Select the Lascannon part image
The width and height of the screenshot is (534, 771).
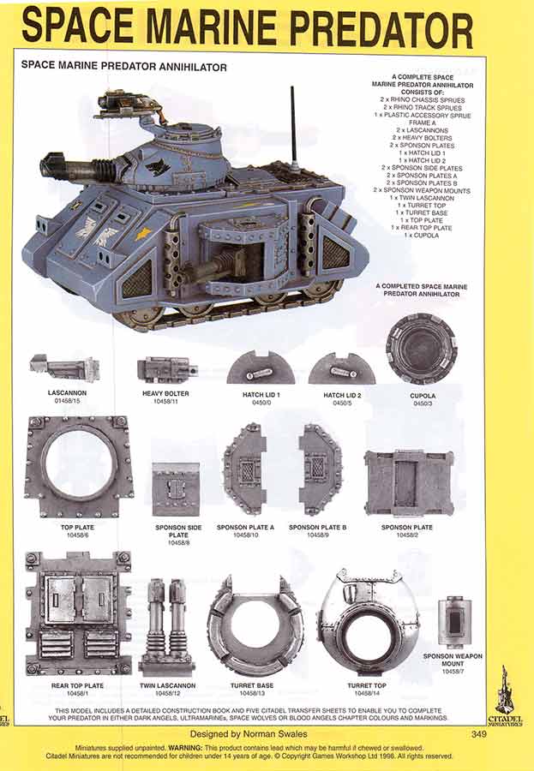click(x=64, y=368)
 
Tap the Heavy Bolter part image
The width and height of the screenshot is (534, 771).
click(x=167, y=369)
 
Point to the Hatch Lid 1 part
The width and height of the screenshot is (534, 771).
click(x=261, y=368)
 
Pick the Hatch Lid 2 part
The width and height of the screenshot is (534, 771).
click(x=342, y=368)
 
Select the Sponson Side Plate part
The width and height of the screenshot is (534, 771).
click(x=176, y=489)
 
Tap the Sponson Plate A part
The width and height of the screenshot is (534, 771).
click(x=244, y=469)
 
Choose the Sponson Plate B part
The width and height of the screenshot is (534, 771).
click(x=320, y=469)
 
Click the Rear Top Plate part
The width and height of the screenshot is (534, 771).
click(x=78, y=612)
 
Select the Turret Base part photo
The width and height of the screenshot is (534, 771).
click(x=255, y=625)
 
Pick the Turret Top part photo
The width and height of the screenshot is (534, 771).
click(x=368, y=621)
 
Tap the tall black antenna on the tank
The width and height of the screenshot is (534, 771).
click(x=293, y=128)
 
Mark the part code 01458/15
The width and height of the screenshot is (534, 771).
click(x=65, y=400)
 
